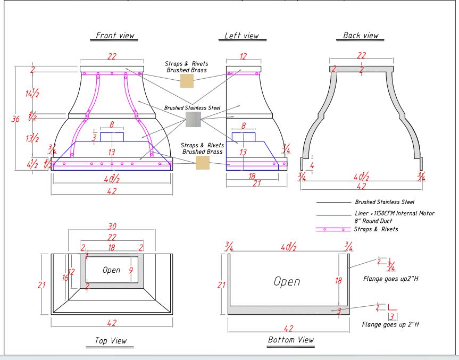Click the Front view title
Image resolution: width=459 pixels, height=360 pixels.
coord(115,36)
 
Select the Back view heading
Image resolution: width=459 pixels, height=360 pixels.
coord(361,36)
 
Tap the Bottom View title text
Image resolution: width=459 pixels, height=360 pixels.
coord(291,339)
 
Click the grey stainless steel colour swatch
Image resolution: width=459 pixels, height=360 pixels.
coord(193,119)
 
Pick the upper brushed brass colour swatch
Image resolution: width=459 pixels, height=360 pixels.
coord(187,81)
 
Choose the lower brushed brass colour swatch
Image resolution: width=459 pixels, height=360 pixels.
coord(203,162)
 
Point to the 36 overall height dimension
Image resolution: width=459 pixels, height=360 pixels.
coord(15,119)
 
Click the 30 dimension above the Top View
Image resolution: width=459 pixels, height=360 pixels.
coord(112,226)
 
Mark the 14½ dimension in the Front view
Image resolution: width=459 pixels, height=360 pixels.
coord(32,93)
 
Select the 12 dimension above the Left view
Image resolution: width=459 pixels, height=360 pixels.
coord(243,56)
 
